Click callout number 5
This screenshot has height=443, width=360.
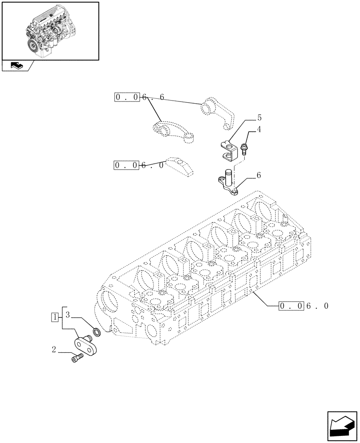(259, 118)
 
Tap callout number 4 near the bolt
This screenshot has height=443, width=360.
(258, 130)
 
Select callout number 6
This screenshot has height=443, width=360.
(258, 175)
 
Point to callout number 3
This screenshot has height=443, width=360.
(68, 315)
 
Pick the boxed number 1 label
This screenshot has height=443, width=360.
(55, 317)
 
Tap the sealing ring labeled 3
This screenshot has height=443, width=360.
(96, 331)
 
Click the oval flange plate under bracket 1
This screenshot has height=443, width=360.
(86, 346)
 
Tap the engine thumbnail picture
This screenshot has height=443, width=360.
(50, 31)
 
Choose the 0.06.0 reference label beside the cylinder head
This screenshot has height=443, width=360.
(304, 306)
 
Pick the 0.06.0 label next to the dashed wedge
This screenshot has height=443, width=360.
(139, 165)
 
